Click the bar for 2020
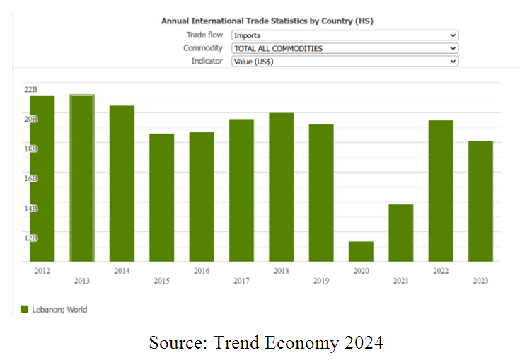pos(361,252)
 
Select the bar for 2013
pos(82,178)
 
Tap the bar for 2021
pos(400,233)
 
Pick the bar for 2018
pos(282,187)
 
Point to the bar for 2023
pos(480,202)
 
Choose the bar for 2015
pos(161,197)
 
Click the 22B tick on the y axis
pos(30,89)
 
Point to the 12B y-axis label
pos(30,238)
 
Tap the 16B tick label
pos(30,178)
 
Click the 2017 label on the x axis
pos(242,281)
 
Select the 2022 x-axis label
pos(441,271)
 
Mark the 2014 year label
pos(122,271)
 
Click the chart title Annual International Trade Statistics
pos(267,21)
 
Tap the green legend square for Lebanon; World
pos(24,309)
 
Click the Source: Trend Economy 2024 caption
pos(265,343)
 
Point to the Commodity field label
pos(203,48)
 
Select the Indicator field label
pos(207,62)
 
